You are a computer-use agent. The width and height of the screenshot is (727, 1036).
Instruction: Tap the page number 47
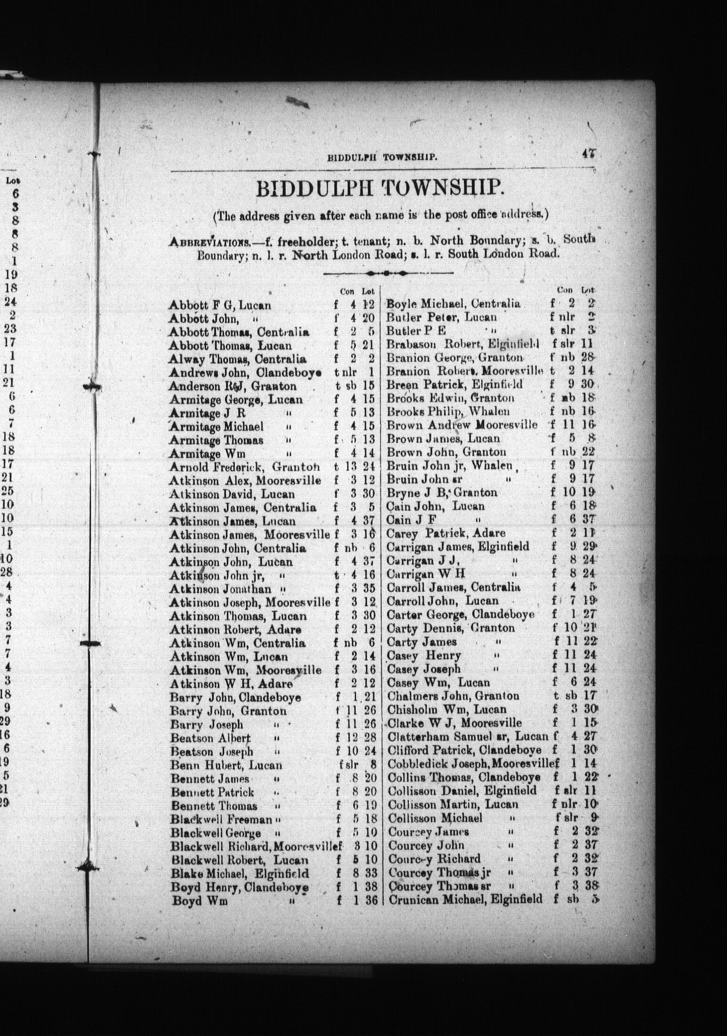pos(589,154)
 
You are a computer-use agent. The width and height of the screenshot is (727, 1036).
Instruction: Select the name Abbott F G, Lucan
pos(220,305)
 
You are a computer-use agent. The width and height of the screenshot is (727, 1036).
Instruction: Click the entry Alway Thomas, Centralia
pos(237,359)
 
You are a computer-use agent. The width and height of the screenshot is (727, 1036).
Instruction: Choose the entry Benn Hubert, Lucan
pos(226,765)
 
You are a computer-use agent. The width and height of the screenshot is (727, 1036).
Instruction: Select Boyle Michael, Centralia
pos(453,304)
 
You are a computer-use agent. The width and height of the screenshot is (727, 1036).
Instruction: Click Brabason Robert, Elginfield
pos(462,344)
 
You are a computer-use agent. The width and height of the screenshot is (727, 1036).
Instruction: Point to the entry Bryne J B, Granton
pos(442,493)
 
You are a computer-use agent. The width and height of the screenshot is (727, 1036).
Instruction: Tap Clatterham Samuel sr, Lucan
pos(468,737)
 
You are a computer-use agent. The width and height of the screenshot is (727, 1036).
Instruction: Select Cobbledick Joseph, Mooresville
pos(470,764)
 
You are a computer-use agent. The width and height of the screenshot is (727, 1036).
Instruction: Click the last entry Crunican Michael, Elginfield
pos(465,899)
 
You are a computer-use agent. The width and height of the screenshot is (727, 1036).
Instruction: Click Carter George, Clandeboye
pos(460,615)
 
